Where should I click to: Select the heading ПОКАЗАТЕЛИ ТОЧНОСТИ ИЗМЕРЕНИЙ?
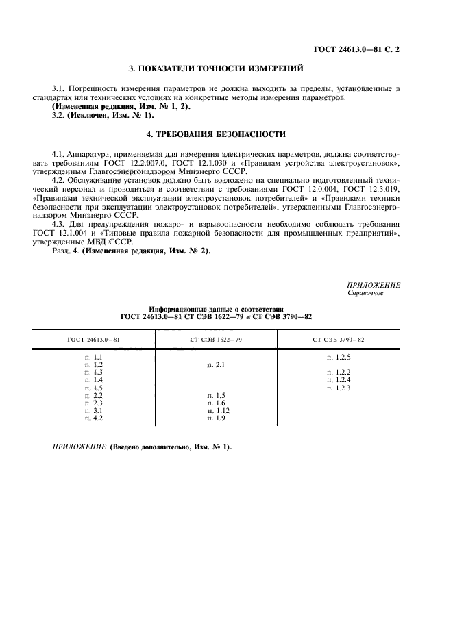pos(216,69)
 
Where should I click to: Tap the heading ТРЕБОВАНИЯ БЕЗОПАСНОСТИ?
pos(216,134)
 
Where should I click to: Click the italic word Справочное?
pos(366,294)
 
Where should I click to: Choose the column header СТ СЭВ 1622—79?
pos(216,340)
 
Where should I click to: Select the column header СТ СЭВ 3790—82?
pos(339,340)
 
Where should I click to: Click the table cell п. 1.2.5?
pos(339,357)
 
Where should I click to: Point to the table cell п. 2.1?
pos(216,365)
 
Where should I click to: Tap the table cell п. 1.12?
pos(218,410)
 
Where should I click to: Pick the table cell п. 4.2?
pos(93,418)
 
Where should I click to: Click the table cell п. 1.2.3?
pos(339,388)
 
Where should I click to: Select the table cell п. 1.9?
pos(216,418)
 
